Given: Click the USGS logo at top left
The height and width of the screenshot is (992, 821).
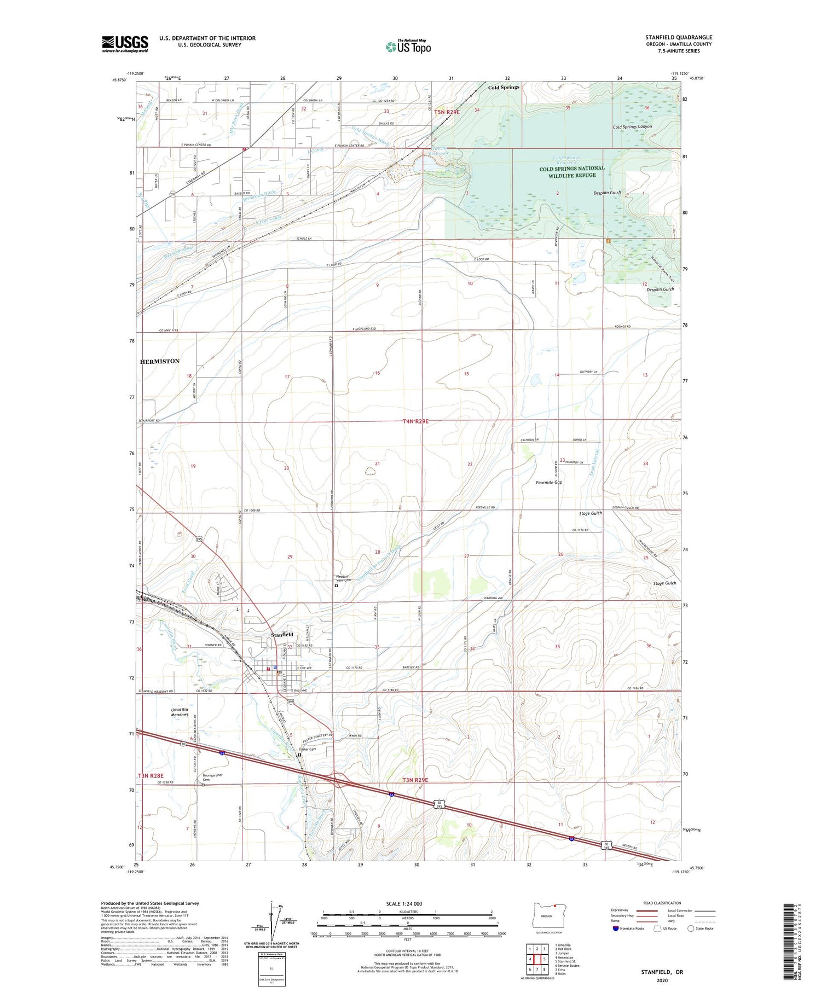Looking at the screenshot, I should point(125,44).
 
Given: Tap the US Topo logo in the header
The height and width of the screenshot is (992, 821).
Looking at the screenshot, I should point(408,47).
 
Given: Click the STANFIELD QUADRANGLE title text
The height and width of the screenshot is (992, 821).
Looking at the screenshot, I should point(678,38).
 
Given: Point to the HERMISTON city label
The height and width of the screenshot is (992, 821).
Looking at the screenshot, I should point(160,362).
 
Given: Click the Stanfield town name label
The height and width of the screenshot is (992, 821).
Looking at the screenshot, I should point(282,635).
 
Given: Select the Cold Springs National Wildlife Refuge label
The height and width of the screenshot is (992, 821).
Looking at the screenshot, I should point(571,172).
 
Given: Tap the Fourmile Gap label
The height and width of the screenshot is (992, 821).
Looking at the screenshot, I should point(548,483).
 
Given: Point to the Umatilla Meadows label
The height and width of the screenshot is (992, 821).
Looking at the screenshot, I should point(180,712).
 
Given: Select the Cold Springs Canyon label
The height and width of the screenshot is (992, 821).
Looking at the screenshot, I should point(632,127).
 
